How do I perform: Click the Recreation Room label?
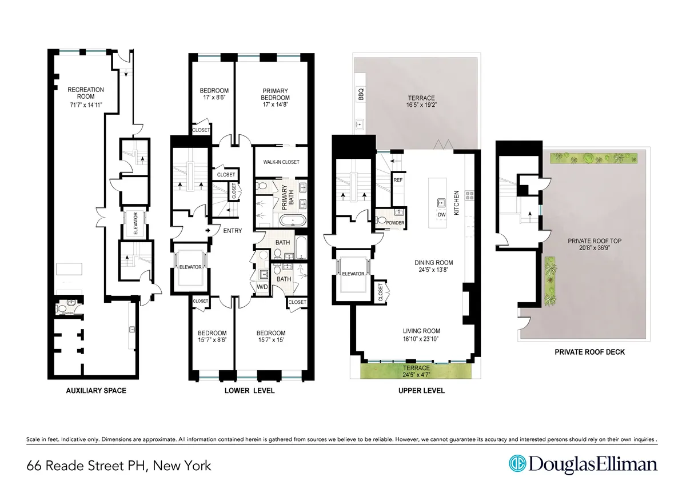(85, 93)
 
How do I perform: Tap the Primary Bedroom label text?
(276, 94)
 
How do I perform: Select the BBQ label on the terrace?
(361, 95)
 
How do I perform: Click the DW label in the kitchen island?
(441, 215)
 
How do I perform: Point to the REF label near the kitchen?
(398, 180)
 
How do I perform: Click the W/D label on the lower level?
(262, 286)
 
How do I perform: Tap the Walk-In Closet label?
(281, 162)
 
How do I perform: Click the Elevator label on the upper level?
(353, 274)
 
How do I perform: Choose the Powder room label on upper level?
(395, 223)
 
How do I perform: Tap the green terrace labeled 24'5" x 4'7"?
(417, 372)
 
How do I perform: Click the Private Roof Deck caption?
(589, 352)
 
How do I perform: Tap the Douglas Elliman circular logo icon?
(517, 464)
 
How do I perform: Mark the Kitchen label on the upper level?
(457, 203)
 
